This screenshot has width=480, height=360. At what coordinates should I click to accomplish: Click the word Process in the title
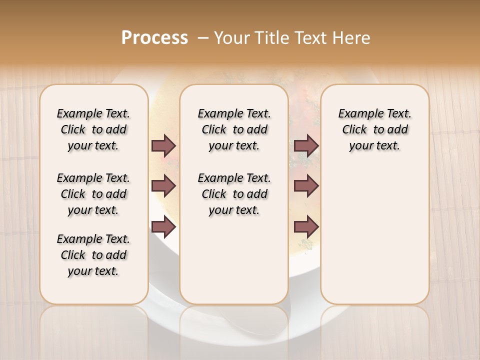(154, 38)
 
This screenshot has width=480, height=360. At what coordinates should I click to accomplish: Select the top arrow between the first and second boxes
(163, 145)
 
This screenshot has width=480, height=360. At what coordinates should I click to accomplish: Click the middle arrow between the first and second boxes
(163, 186)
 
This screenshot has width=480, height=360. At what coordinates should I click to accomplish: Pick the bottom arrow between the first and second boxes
(163, 227)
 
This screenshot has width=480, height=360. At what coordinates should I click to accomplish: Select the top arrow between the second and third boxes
(306, 145)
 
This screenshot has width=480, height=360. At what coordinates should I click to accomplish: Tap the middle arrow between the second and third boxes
(306, 186)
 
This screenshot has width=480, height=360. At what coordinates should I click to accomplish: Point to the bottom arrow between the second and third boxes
(306, 227)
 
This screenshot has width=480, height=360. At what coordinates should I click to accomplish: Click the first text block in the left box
(93, 129)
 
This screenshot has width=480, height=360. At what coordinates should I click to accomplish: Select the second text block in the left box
(93, 194)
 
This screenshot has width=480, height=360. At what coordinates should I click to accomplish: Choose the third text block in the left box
(93, 255)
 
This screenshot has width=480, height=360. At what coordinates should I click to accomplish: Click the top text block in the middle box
(234, 129)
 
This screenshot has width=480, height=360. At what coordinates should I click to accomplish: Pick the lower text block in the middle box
(234, 194)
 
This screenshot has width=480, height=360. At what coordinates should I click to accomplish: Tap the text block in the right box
(374, 129)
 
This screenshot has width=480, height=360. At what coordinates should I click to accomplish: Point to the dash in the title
(203, 38)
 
